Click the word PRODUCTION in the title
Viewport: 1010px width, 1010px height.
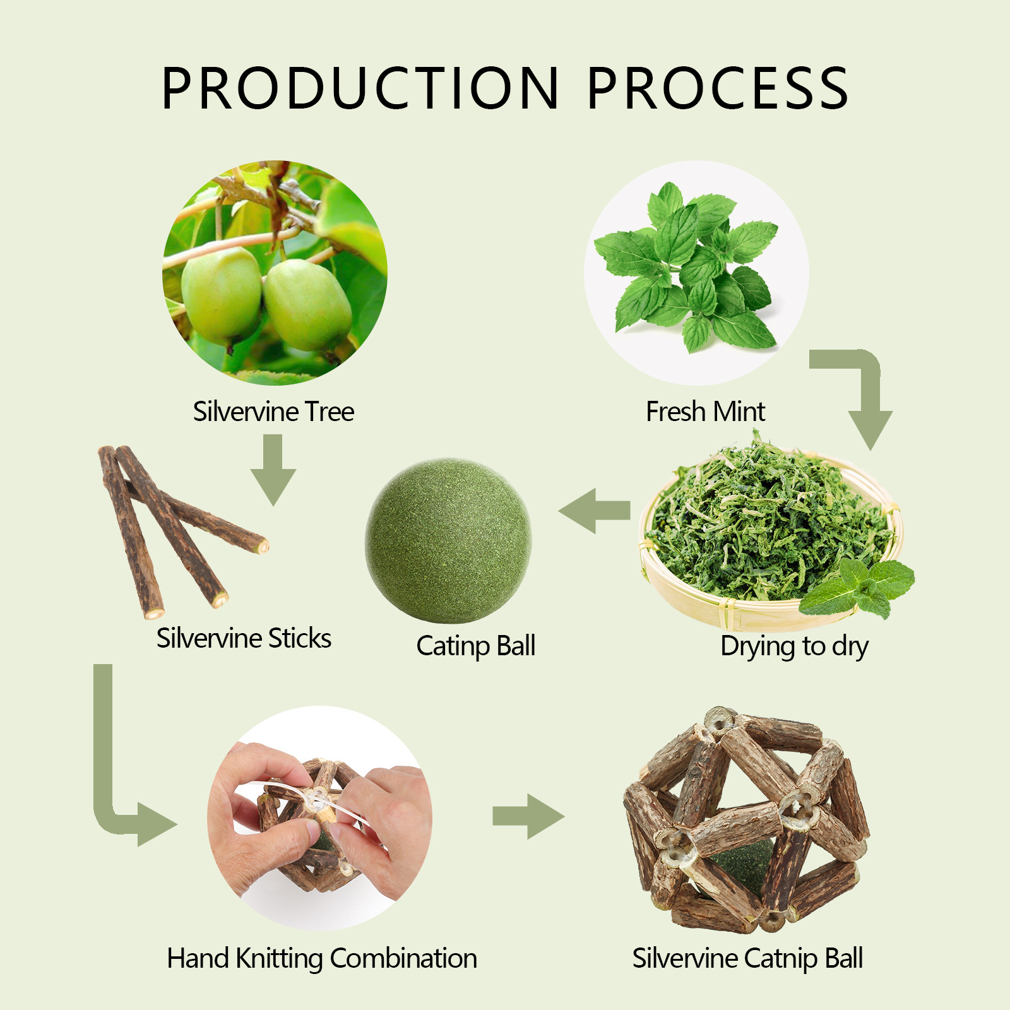coord(360,88)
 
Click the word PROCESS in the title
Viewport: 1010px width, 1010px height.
coord(718,88)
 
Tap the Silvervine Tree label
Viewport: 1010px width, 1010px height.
coord(273,412)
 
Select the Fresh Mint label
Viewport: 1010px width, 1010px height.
coord(705,412)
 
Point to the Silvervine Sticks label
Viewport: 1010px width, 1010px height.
coord(244,638)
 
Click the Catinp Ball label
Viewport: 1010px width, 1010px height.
coord(475,646)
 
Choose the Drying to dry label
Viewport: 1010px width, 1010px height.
coord(794,646)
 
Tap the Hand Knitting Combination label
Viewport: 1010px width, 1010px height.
coord(322,958)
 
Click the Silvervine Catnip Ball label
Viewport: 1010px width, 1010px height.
coord(747,958)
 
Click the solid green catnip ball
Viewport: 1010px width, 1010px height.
coord(448,540)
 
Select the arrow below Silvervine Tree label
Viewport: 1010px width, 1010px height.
coord(273,470)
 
